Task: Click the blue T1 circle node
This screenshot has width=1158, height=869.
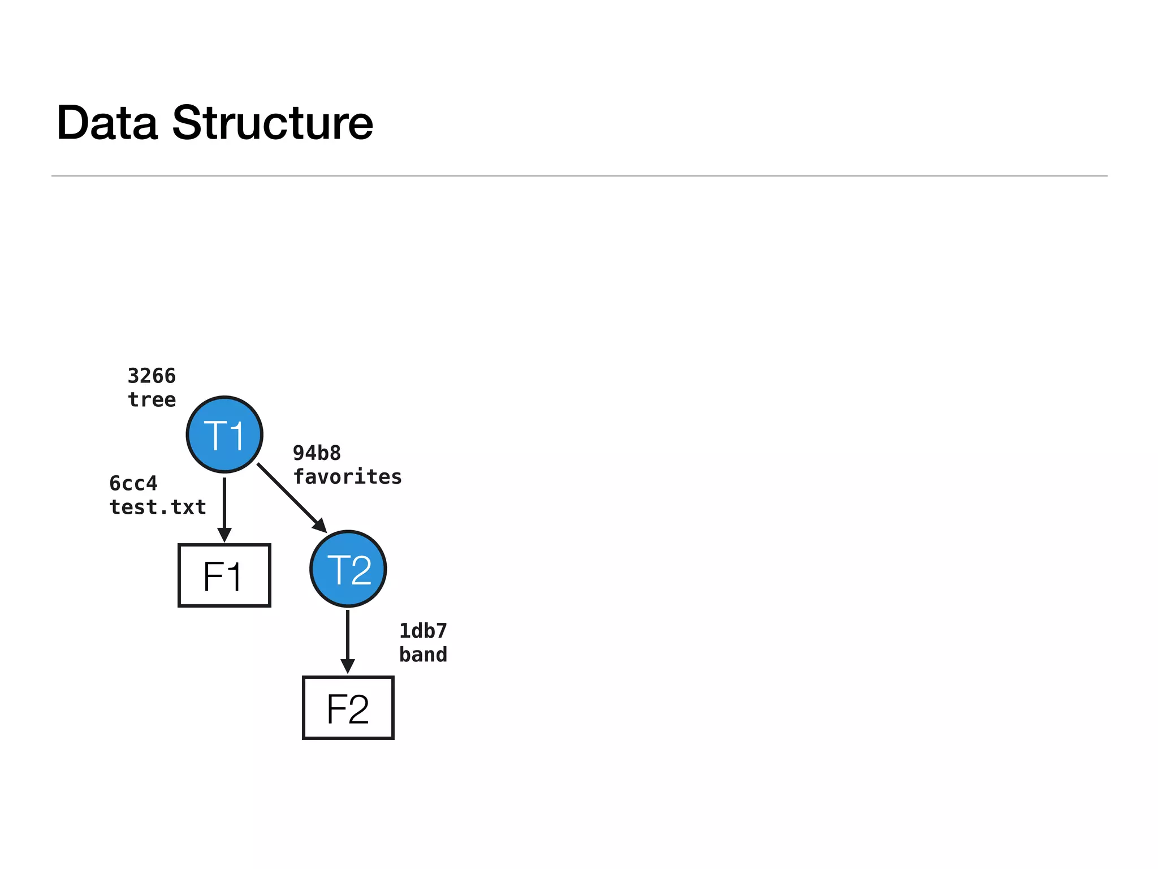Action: click(224, 434)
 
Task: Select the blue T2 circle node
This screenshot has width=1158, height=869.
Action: click(348, 569)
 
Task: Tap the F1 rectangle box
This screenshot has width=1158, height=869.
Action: click(224, 575)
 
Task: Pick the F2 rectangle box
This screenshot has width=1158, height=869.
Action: click(348, 708)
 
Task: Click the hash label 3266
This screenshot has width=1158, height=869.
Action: click(152, 376)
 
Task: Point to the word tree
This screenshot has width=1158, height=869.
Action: click(152, 399)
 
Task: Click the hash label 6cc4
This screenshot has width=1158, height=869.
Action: click(133, 483)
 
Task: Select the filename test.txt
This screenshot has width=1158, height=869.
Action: click(158, 507)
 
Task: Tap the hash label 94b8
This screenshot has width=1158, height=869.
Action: click(317, 453)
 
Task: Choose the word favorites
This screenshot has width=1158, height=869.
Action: click(347, 476)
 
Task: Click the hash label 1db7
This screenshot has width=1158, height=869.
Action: click(423, 630)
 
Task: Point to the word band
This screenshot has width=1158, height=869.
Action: click(423, 655)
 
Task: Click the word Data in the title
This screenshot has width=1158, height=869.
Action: click(107, 123)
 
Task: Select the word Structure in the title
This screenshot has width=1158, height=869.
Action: click(273, 123)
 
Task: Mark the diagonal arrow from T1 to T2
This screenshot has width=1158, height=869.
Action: click(288, 494)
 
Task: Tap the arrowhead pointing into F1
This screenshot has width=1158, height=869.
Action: click(224, 535)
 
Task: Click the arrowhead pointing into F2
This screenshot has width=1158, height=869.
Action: click(348, 666)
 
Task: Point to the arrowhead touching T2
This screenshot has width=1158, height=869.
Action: click(321, 526)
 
